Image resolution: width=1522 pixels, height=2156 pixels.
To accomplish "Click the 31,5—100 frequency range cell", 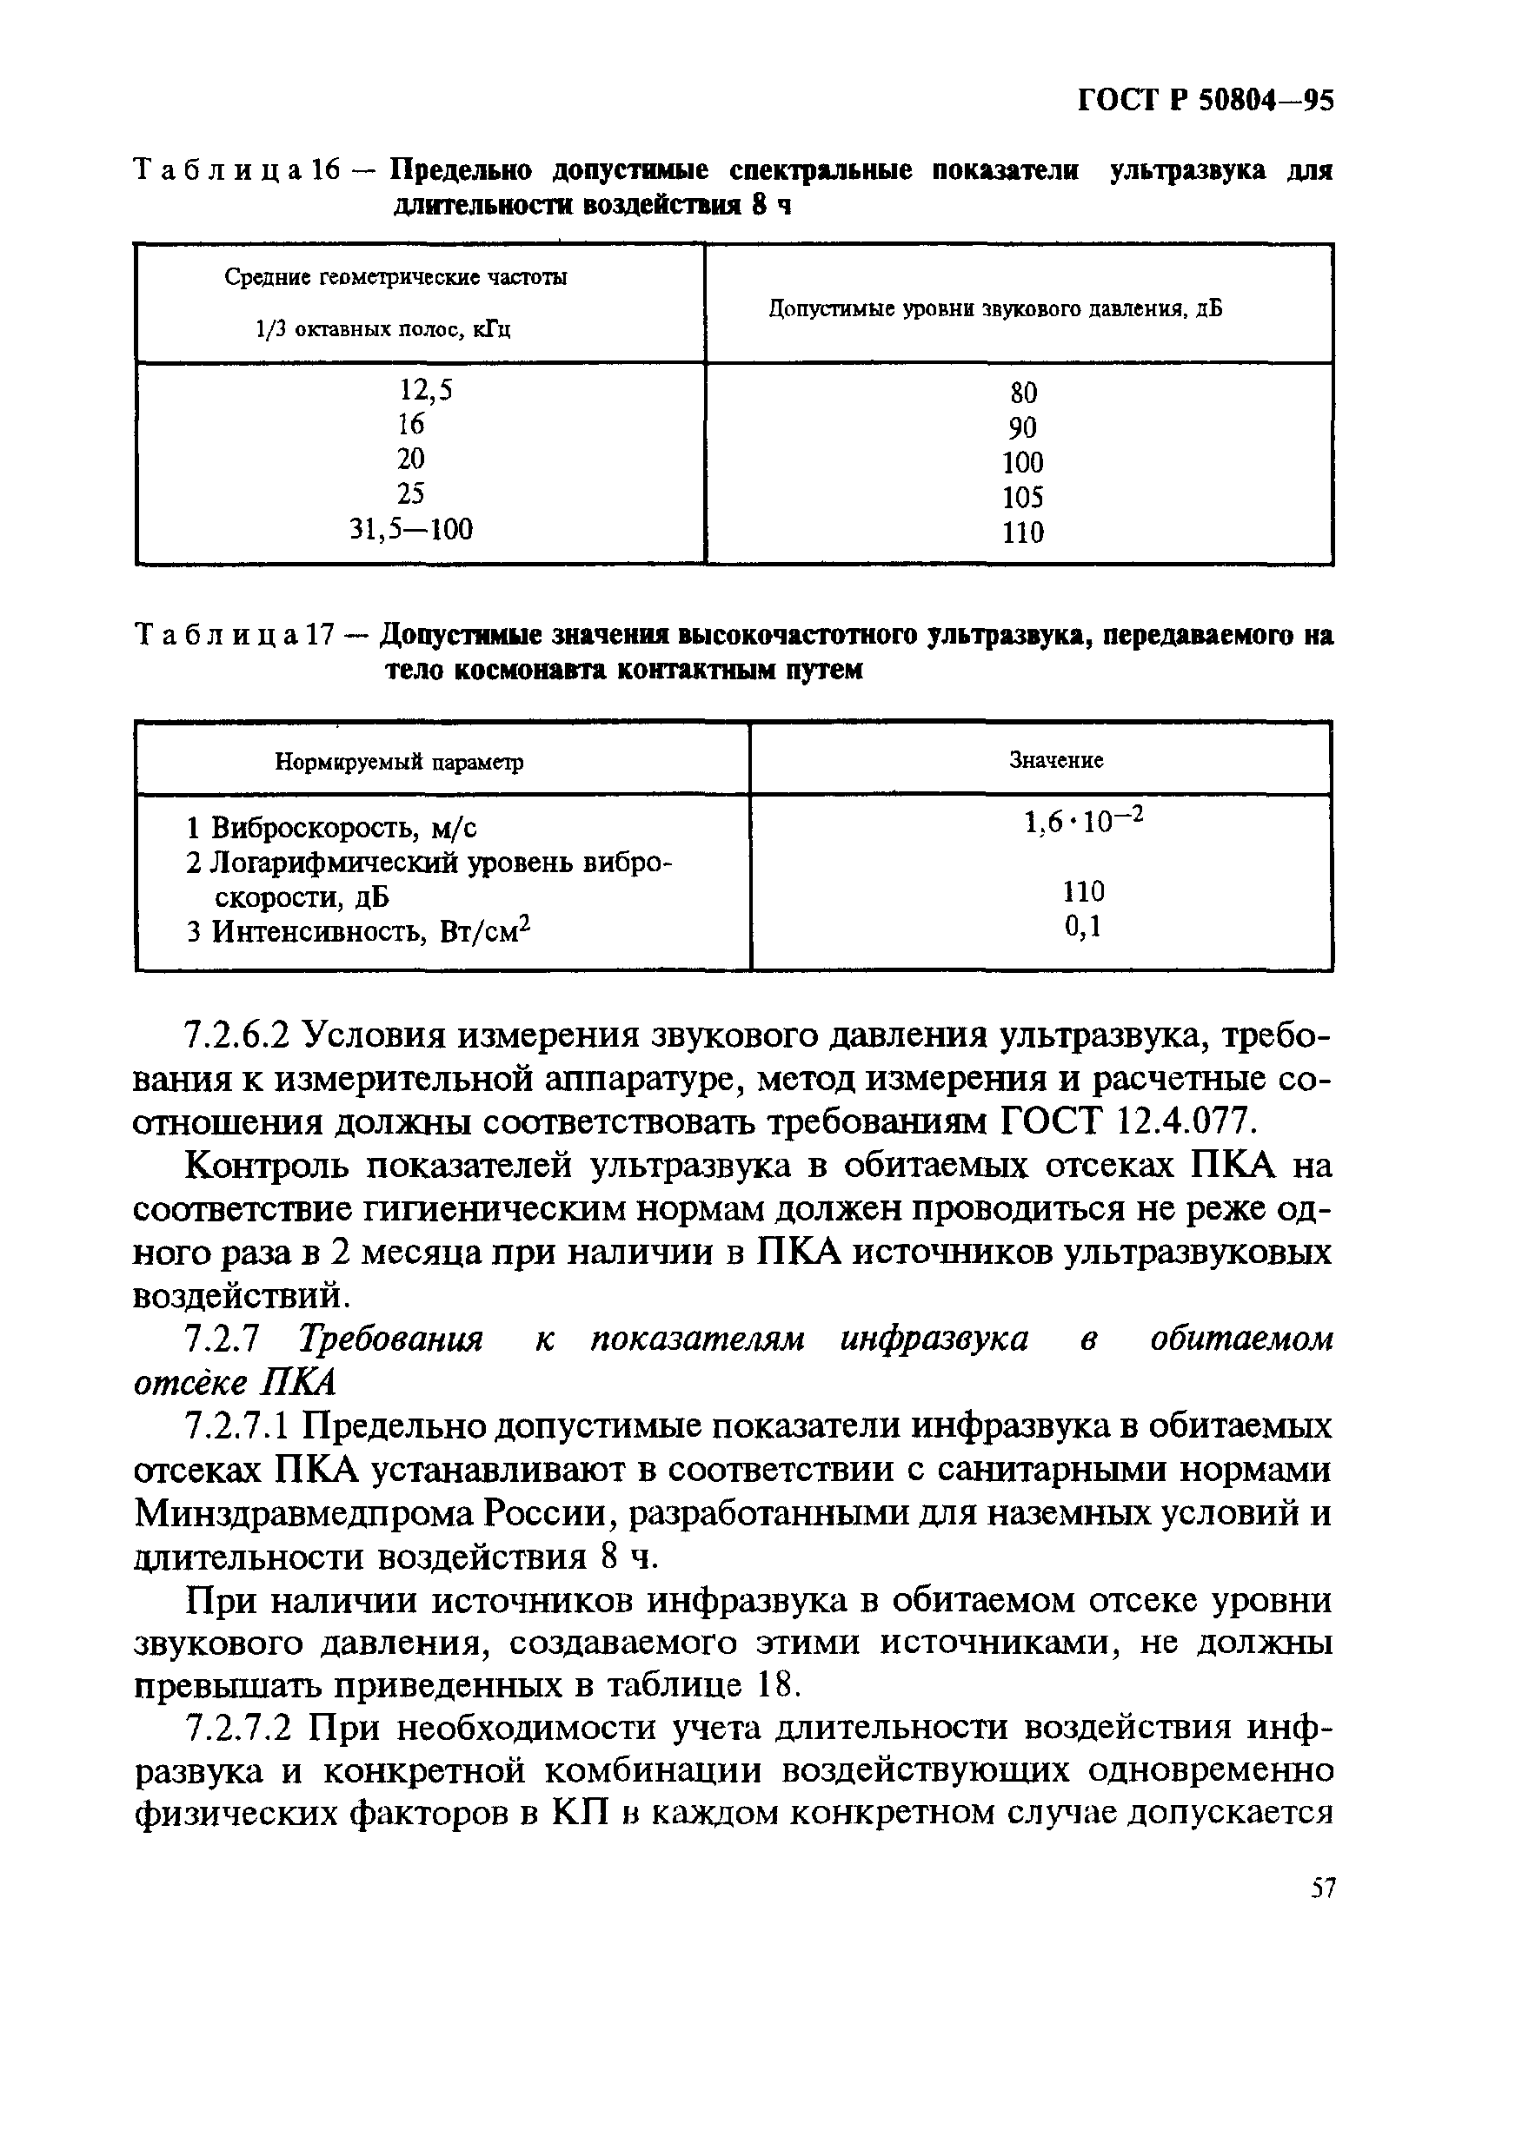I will [x=411, y=530].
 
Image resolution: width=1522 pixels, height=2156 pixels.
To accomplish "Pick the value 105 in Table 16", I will [x=1022, y=498].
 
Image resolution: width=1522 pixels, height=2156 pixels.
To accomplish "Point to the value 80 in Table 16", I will [x=1023, y=393].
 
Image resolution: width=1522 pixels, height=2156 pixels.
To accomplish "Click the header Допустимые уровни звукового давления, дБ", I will [x=996, y=309].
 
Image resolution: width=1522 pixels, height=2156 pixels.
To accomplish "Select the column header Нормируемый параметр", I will [x=398, y=762].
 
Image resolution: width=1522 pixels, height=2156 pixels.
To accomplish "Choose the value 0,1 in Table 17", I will [x=1082, y=928].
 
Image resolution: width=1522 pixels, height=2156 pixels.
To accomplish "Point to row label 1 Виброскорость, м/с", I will [x=332, y=828].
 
